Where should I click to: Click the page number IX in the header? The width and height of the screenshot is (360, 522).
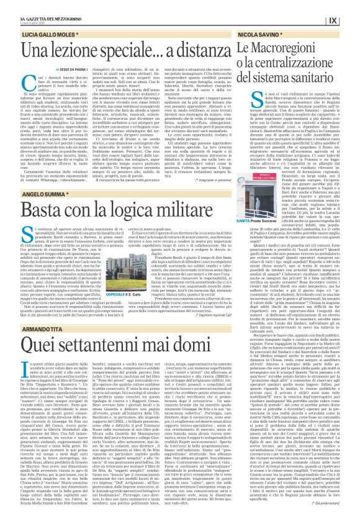click(x=333, y=20)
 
